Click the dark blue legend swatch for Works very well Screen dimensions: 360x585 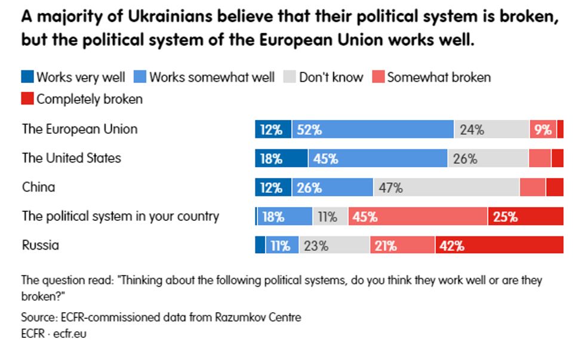coord(27,77)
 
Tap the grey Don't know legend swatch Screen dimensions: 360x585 coord(290,77)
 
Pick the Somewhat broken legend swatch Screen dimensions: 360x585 coord(378,77)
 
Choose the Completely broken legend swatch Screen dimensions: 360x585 coord(27,99)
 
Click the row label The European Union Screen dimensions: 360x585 coord(79,129)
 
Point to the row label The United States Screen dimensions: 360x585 coord(72,158)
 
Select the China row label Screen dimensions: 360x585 coord(38,187)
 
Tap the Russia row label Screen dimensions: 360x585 coord(41,245)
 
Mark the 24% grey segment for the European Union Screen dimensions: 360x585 coord(491,130)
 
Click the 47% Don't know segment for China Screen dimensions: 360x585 coord(446,187)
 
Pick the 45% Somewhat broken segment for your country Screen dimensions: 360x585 coord(418,217)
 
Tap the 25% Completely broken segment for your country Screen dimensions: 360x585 coord(525,217)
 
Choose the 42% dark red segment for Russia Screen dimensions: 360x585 coord(499,245)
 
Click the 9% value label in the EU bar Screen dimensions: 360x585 coord(543,130)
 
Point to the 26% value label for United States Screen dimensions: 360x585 coord(465,159)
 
